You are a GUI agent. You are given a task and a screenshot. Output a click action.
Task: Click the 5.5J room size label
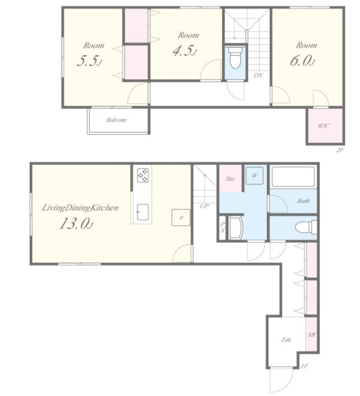89,61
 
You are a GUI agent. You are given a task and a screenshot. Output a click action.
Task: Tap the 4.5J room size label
185,50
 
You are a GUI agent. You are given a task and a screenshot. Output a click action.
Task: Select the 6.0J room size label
303,61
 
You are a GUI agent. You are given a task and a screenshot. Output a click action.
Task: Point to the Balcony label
117,119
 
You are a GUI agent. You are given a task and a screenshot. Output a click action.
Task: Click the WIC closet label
324,126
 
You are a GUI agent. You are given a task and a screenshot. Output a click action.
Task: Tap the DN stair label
259,75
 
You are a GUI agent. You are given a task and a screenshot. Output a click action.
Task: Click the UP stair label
204,206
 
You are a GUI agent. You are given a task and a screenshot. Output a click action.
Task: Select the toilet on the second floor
236,58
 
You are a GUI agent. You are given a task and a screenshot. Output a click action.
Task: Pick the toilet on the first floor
306,227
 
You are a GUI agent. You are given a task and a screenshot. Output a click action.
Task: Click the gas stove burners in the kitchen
142,175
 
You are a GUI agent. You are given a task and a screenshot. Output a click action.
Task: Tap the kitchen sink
142,212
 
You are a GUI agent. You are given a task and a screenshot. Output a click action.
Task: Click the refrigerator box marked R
181,218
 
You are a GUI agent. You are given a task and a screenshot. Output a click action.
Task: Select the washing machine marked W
255,175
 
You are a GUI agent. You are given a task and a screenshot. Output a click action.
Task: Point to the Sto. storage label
230,179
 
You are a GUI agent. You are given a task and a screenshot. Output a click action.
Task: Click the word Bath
303,201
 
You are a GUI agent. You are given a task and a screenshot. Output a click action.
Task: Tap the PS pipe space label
223,227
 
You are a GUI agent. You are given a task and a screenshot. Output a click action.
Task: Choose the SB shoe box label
311,335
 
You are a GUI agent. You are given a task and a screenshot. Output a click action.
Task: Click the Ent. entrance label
287,340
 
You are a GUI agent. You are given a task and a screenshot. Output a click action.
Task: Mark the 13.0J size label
76,223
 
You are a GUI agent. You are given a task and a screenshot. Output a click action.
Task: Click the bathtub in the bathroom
293,177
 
